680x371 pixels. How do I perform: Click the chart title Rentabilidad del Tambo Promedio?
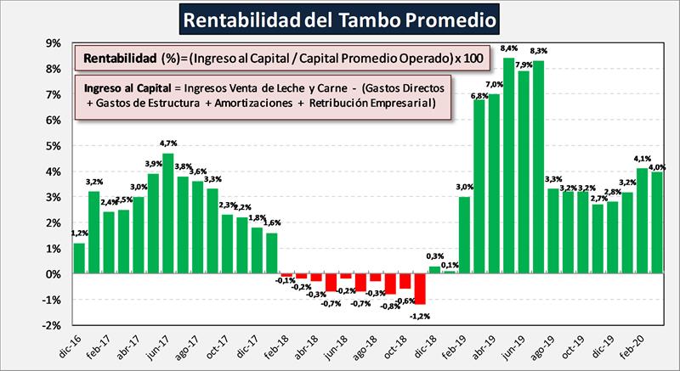click(x=340, y=18)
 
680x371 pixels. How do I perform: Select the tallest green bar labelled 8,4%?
click(x=509, y=166)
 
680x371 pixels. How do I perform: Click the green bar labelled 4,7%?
click(x=168, y=213)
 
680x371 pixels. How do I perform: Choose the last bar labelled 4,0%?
click(x=657, y=222)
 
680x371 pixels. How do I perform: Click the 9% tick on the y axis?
click(x=54, y=43)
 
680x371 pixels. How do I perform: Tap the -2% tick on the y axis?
click(x=52, y=325)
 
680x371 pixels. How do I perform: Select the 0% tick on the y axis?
click(x=54, y=274)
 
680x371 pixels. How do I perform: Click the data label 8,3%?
click(x=538, y=52)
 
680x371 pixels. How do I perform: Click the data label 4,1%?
click(x=643, y=159)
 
